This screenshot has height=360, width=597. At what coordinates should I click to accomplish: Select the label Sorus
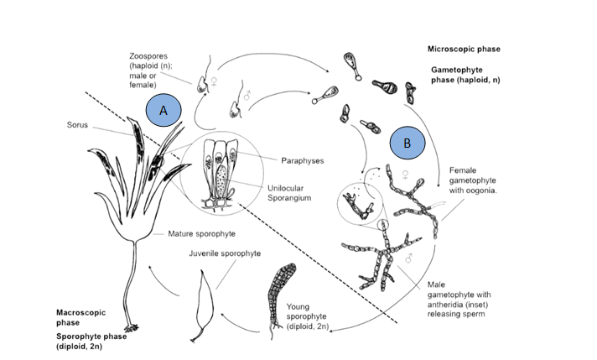pyautogui.click(x=78, y=124)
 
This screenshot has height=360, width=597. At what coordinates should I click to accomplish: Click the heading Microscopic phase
pyautogui.click(x=464, y=49)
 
